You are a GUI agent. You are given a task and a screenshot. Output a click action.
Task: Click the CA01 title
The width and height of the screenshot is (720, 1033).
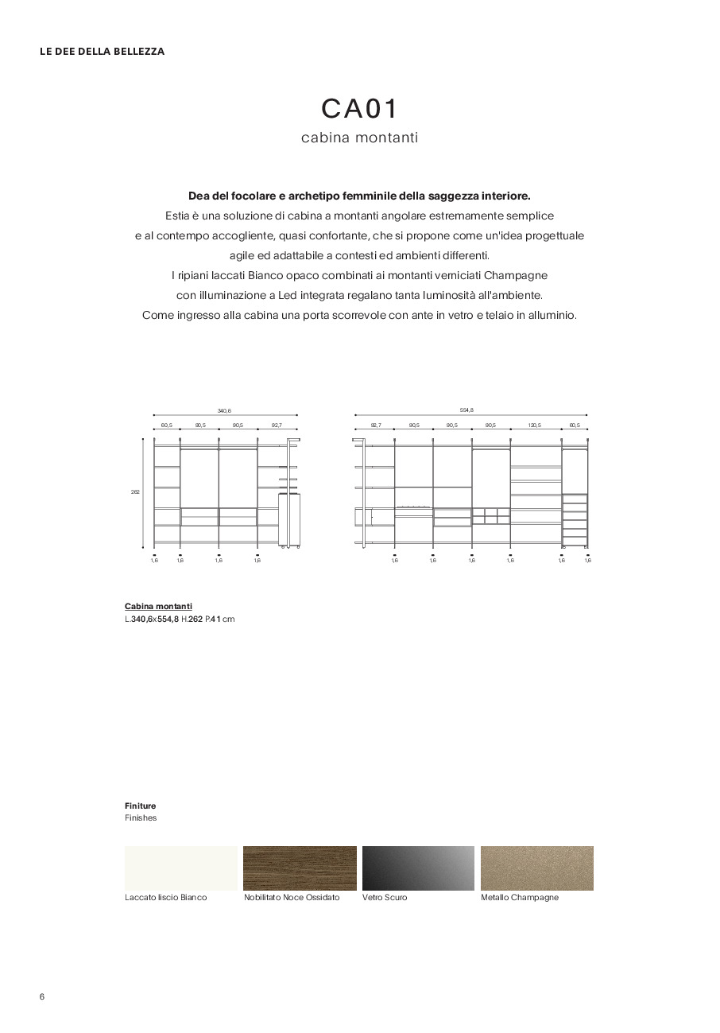click(359, 109)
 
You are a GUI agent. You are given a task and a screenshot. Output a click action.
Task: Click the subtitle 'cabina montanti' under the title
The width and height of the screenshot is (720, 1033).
click(359, 138)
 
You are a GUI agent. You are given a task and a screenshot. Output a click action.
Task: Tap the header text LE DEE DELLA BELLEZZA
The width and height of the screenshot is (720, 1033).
click(103, 52)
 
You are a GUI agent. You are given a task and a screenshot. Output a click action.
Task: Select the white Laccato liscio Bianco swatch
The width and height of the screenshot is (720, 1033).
click(180, 868)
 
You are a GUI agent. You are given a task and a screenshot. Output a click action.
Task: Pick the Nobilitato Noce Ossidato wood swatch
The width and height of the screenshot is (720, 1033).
click(300, 868)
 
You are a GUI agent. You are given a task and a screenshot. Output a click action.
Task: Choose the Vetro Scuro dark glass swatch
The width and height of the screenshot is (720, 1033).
click(418, 868)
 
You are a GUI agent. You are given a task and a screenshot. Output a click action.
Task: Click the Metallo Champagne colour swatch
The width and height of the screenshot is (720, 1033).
click(537, 868)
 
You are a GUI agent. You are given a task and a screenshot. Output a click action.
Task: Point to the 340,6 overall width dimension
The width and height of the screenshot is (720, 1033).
click(224, 410)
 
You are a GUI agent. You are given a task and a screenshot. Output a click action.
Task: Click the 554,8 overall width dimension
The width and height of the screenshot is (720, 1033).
click(466, 410)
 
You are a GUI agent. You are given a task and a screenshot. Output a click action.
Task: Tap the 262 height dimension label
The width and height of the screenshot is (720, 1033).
click(135, 492)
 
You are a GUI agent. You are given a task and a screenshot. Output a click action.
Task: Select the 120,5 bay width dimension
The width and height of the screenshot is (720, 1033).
click(535, 425)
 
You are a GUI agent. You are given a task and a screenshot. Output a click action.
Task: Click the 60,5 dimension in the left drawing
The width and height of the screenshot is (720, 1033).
click(166, 425)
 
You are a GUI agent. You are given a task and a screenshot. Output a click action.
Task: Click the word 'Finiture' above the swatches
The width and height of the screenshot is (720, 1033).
click(141, 806)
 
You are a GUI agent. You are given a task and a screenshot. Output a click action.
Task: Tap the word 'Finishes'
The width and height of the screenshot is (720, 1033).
click(141, 817)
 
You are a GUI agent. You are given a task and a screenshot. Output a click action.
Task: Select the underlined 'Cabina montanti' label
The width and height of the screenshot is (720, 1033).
click(158, 606)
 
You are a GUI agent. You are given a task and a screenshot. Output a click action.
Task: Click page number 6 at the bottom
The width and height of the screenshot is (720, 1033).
click(42, 997)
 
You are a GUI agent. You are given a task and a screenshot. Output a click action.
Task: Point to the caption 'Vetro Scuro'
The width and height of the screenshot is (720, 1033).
click(385, 897)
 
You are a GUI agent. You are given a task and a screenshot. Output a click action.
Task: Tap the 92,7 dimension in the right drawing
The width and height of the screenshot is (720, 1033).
click(375, 425)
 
